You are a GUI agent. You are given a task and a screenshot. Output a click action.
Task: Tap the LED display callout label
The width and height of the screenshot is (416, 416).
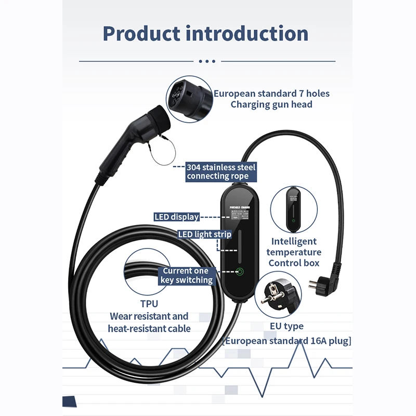176,217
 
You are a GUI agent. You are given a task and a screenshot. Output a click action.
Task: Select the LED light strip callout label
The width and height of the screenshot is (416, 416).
204,235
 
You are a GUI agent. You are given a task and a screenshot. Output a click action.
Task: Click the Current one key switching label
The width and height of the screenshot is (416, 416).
186,276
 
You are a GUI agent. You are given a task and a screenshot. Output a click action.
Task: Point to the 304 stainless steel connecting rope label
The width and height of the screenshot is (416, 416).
221,172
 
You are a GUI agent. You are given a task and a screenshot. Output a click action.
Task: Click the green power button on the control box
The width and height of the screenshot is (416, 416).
240,271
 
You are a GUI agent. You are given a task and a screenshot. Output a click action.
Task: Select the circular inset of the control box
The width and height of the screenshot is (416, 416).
294,209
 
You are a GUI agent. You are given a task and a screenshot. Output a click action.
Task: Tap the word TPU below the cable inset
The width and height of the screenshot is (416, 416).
149,304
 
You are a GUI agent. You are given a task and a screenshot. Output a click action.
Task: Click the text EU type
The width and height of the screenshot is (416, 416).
287,327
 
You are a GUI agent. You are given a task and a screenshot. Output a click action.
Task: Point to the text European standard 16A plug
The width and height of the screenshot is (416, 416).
287,341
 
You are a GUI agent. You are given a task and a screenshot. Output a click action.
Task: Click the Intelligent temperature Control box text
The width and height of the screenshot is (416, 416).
294,252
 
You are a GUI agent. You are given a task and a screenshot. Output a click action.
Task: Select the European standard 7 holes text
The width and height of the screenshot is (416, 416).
271,94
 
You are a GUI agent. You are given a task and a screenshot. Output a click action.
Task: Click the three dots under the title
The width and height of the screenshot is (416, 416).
207,61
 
